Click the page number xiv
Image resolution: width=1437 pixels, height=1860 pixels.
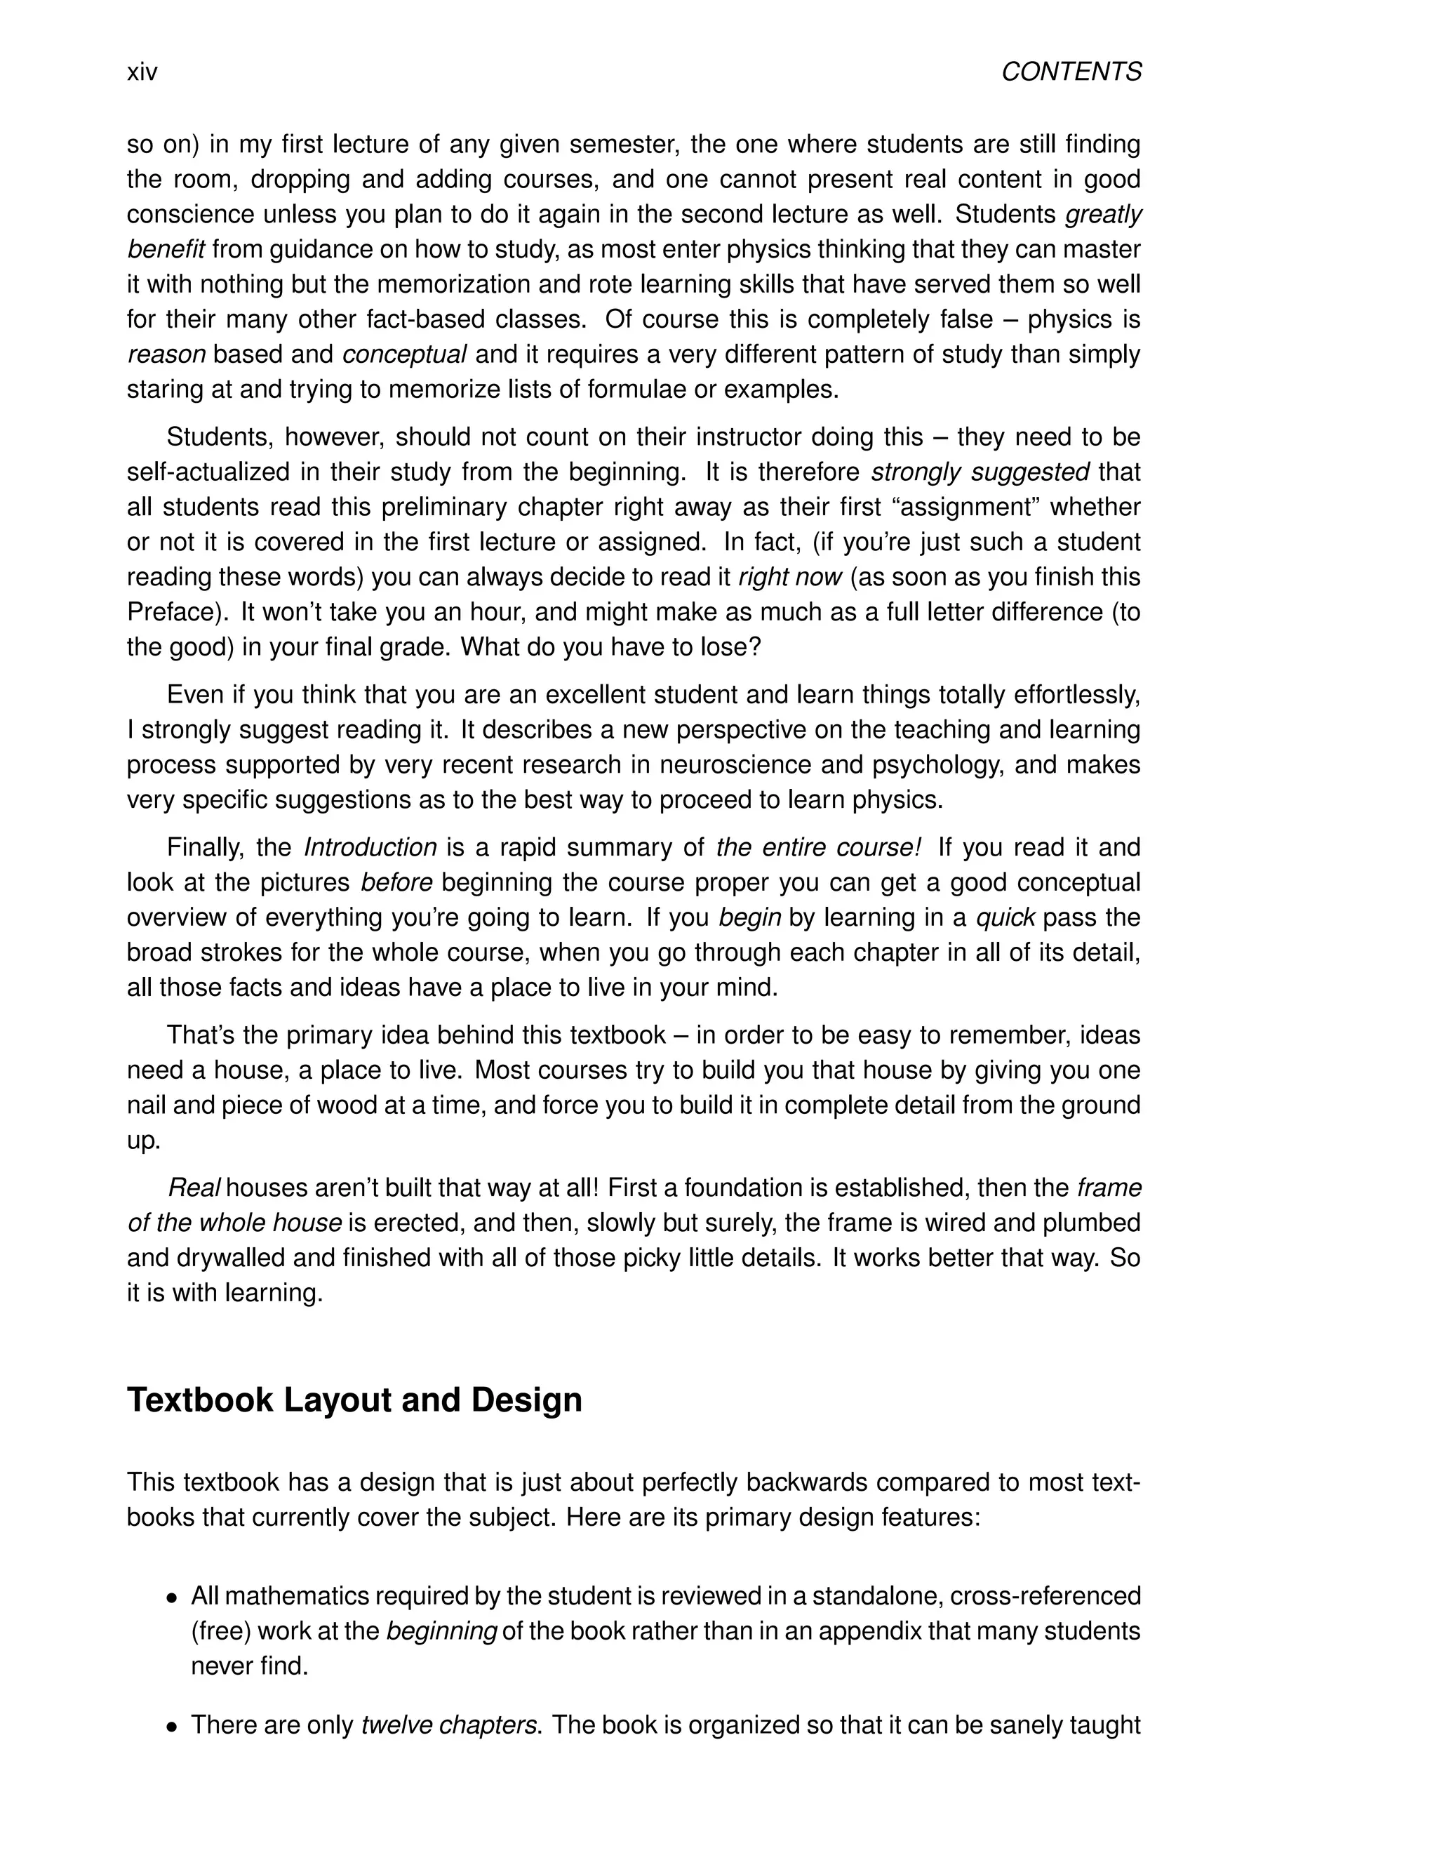142,72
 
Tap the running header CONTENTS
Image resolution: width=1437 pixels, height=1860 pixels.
1071,72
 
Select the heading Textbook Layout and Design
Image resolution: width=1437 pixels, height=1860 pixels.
354,1401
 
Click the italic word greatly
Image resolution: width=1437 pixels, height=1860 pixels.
1103,215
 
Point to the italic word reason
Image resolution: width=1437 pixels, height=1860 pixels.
167,354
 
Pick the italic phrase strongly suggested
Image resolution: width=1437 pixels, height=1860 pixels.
980,472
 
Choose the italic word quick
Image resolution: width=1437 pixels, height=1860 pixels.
1005,917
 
